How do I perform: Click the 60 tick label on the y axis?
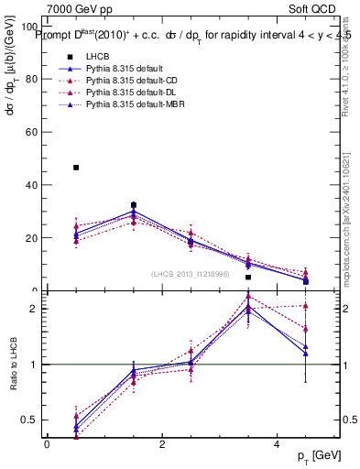coord(32,132)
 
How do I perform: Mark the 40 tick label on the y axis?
coord(32,185)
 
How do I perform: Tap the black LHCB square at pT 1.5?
coord(134,205)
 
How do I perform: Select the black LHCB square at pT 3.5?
coord(248,277)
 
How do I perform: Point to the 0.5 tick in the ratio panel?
coord(32,420)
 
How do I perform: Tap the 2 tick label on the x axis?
coord(162,444)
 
